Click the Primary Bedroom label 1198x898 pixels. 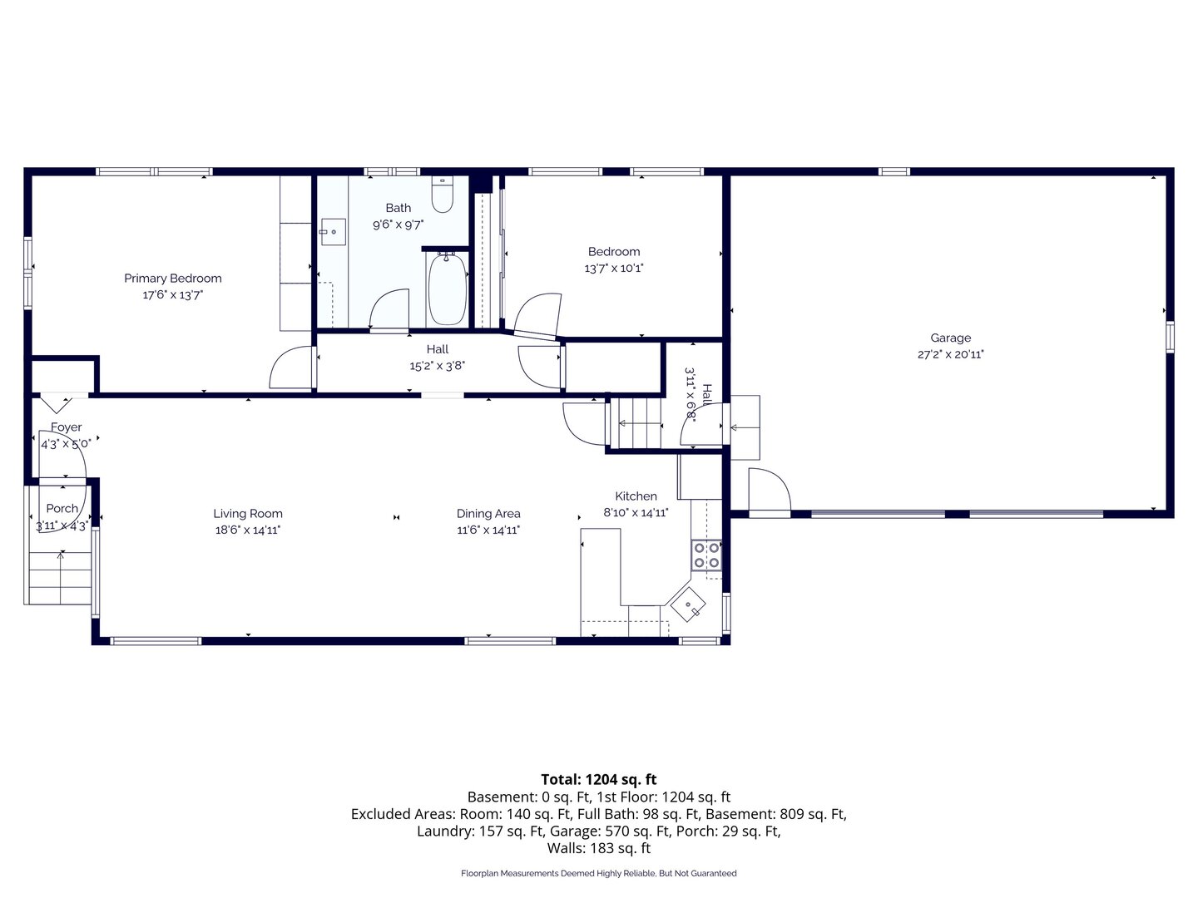[x=172, y=278]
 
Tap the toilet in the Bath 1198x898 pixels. [x=442, y=194]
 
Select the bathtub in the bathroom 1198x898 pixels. [x=447, y=289]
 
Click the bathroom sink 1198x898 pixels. [x=333, y=232]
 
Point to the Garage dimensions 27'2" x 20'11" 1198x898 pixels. [x=950, y=354]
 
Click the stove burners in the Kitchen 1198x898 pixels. [x=706, y=555]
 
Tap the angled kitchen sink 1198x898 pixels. [x=688, y=604]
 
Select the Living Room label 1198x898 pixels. [x=248, y=513]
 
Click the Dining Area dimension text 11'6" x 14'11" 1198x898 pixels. [x=488, y=530]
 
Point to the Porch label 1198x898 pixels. [x=62, y=508]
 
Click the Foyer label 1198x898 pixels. [x=66, y=427]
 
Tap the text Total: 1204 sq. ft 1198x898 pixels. [x=599, y=779]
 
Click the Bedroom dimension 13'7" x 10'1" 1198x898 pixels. [x=613, y=269]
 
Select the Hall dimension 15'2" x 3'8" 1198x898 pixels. [x=437, y=366]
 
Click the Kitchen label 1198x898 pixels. [x=636, y=496]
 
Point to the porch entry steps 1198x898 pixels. [x=60, y=578]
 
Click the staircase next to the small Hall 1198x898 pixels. [x=636, y=423]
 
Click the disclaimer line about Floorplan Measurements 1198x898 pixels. [x=599, y=873]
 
